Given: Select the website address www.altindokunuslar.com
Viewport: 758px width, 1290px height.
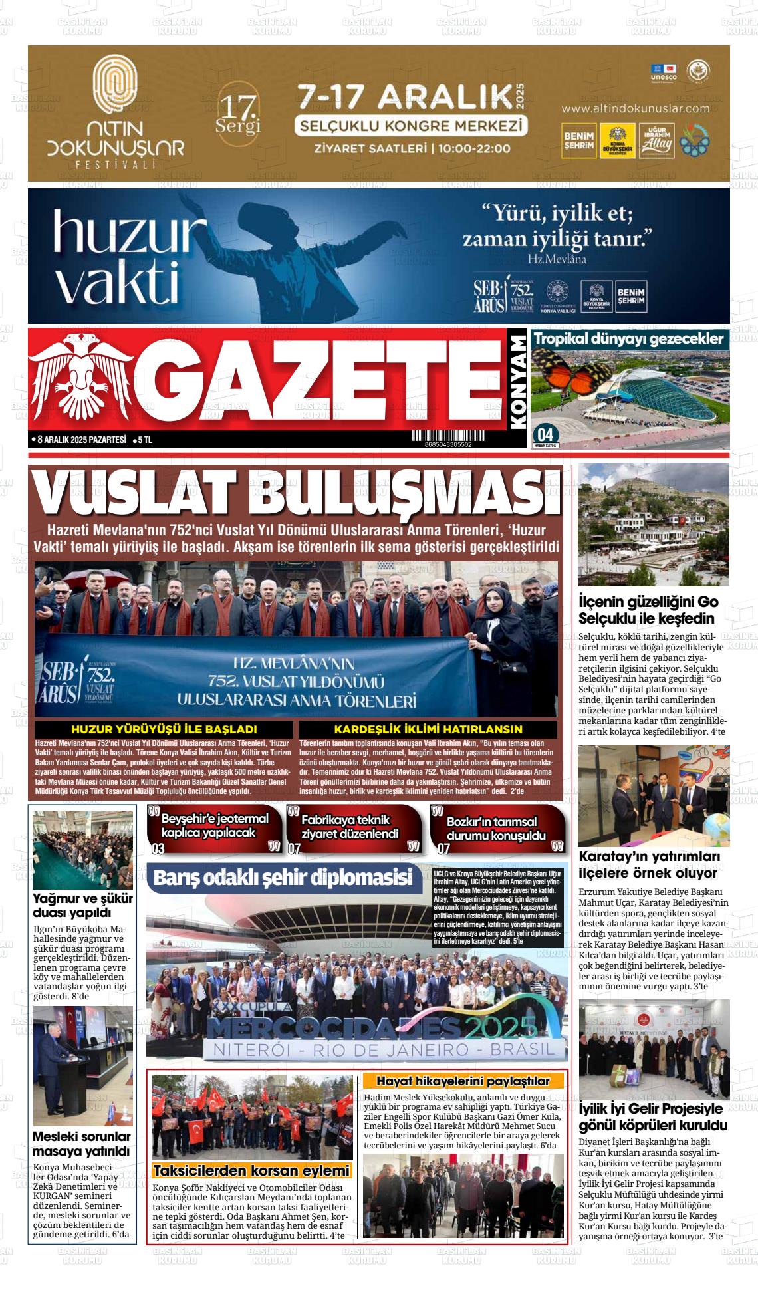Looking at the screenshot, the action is [635, 108].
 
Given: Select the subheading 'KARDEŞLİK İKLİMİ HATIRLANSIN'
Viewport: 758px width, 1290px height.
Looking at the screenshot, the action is [428, 729].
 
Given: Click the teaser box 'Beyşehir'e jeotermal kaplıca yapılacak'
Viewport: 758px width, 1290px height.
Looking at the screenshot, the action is [215, 827].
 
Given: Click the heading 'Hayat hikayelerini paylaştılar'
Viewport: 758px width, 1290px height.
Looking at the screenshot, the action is [463, 1081].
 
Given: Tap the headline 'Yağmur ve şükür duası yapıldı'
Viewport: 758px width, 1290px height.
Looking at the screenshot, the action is [82, 906].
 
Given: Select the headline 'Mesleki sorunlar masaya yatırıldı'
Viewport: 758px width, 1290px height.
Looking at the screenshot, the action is [81, 1144].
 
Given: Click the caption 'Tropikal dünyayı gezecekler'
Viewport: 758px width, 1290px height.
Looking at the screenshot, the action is [628, 339].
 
